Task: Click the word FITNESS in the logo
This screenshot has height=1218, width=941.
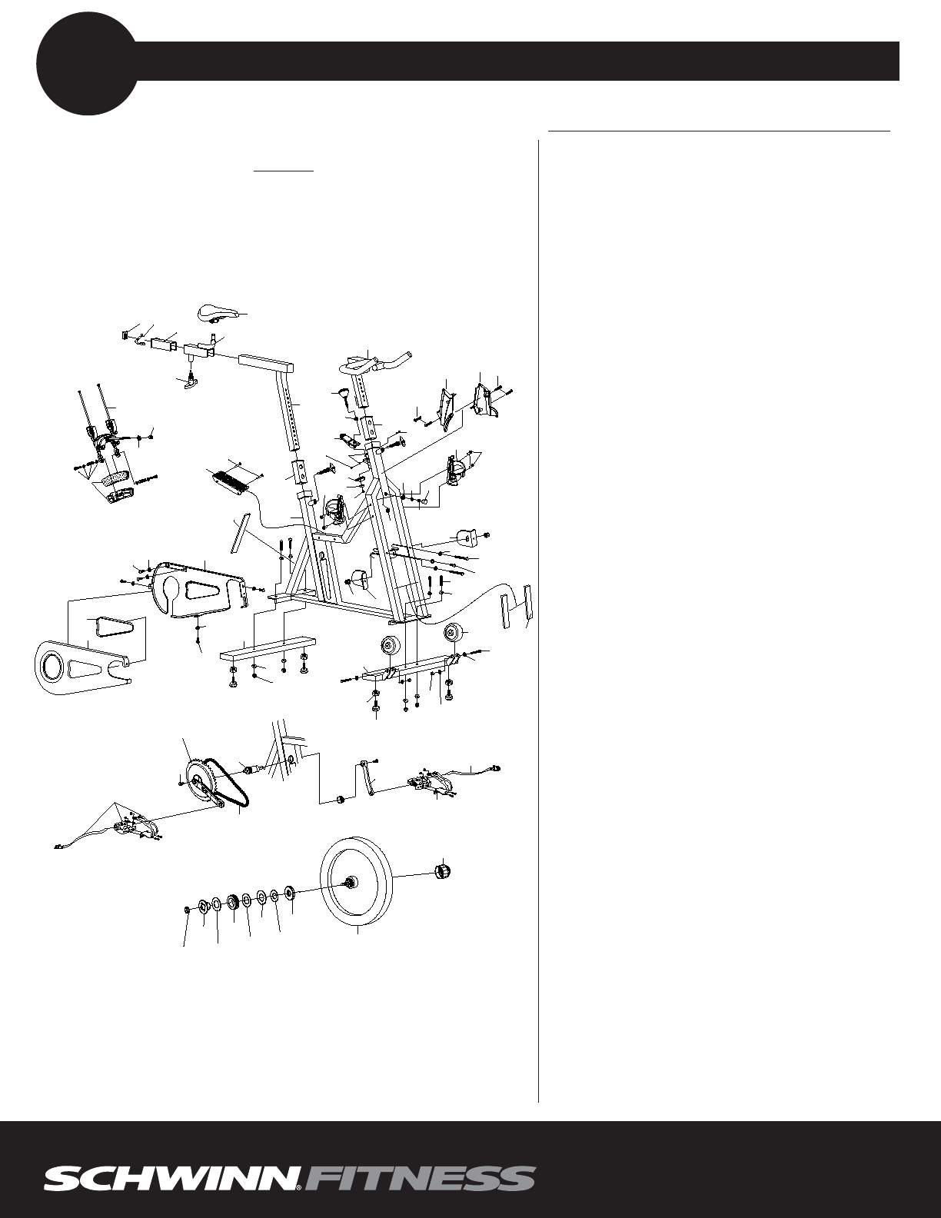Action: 420,1179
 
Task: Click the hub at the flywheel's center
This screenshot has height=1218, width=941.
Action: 354,882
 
